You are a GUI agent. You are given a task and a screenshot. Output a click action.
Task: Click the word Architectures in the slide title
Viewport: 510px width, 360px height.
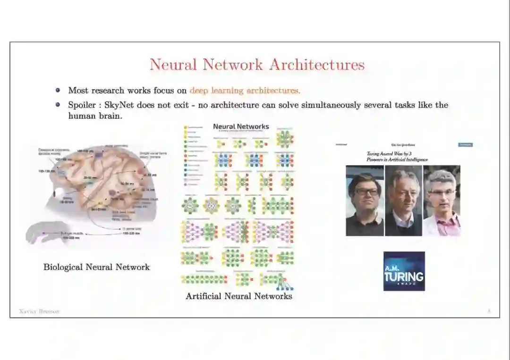pos(317,65)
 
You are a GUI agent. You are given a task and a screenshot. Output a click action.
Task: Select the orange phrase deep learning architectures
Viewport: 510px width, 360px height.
pos(245,91)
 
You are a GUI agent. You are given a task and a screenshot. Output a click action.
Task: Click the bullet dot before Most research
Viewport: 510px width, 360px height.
pos(58,90)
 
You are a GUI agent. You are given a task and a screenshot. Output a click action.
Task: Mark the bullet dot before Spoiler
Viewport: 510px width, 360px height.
pos(58,105)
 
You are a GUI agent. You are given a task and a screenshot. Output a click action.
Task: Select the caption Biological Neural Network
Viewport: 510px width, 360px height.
pos(96,267)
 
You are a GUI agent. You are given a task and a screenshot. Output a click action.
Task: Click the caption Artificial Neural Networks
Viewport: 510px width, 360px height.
pos(239,296)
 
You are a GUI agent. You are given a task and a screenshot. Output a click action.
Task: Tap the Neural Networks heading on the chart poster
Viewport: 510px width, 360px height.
pos(241,126)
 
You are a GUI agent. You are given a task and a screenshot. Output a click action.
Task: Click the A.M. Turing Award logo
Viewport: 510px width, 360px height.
pos(404,271)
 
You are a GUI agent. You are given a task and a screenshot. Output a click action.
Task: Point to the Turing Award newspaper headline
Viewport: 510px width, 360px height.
pos(397,157)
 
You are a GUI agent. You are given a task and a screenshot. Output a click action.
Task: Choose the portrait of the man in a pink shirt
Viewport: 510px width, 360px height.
pos(442,201)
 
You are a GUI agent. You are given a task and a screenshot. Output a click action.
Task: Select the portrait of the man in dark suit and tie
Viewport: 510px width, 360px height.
pos(403,201)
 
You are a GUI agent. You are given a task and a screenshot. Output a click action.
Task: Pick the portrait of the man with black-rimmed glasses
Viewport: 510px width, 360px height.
pos(365,201)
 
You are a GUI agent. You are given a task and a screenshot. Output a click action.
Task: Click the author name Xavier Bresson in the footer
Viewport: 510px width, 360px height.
pos(39,311)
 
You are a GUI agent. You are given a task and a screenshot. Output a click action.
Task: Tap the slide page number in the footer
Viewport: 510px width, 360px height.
pos(489,311)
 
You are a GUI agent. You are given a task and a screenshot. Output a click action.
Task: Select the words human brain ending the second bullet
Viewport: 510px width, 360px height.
pos(94,116)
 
